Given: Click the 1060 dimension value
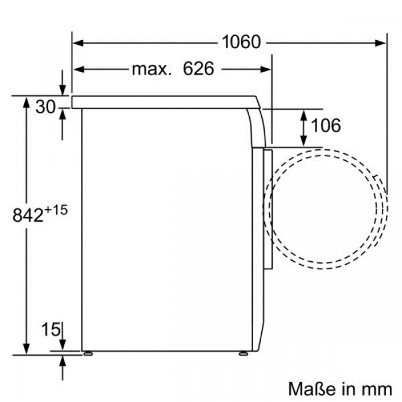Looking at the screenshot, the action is pos(241,42).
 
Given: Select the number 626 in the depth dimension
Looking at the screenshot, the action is pos(199,68).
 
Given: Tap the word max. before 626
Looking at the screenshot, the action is pos(151,69).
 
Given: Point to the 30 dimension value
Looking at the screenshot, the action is pos(45,107).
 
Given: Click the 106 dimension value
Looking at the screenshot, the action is pos(326,125).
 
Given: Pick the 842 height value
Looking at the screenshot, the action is pos(28,215).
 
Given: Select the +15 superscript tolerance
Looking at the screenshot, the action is pos(56,210).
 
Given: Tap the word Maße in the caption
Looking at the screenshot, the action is pos(312,389).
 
